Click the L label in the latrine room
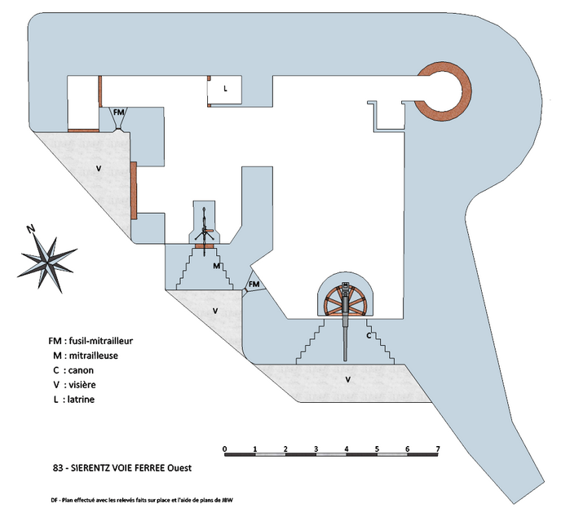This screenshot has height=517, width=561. [x=225, y=88]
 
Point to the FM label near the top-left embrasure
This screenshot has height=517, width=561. [x=119, y=112]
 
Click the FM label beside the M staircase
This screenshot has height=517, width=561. [x=254, y=284]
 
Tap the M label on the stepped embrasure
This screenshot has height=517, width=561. [x=216, y=266]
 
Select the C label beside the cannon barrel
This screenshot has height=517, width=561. [x=369, y=335]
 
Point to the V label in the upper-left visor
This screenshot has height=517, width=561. [x=98, y=168]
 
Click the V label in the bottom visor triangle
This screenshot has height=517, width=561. [x=348, y=380]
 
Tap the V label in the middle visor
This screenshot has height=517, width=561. [x=215, y=312]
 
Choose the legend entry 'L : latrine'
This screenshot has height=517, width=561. [x=76, y=399]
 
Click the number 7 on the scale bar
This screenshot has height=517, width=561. [x=438, y=449]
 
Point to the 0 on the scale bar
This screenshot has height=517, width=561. [x=224, y=449]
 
